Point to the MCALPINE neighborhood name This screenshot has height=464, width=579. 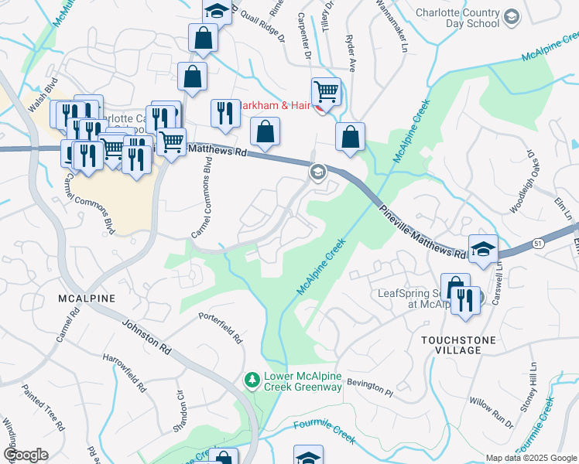(86, 298)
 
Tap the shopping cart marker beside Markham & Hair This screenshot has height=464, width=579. (327, 92)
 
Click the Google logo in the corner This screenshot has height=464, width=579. (26, 455)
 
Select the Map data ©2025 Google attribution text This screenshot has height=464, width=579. (530, 458)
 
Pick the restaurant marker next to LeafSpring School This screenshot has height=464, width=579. (464, 299)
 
